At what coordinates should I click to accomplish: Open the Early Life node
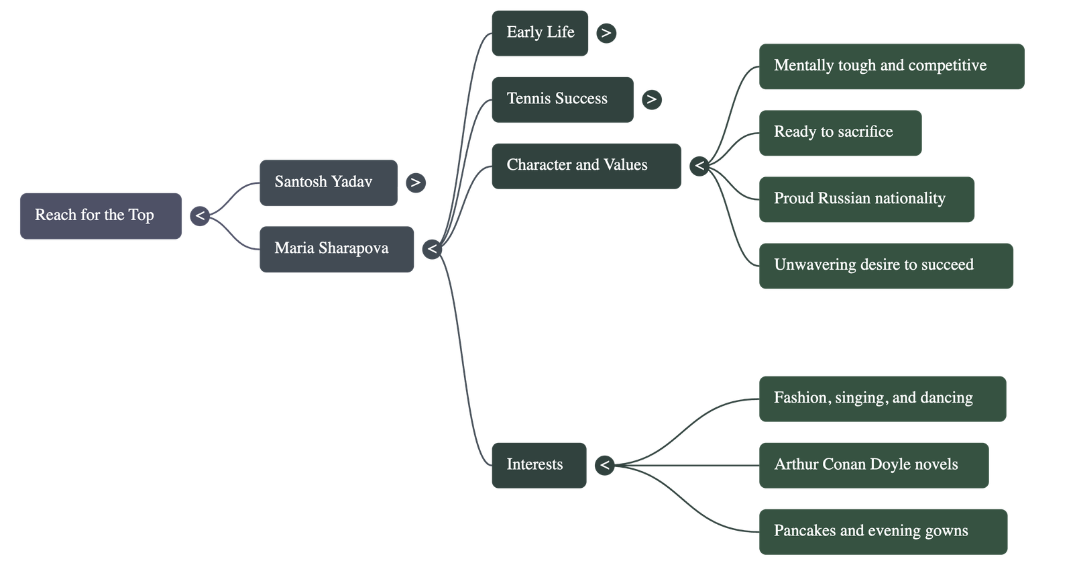[x=540, y=33]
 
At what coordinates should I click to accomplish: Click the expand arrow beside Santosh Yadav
[x=416, y=183]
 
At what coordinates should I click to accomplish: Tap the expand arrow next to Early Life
[x=606, y=33]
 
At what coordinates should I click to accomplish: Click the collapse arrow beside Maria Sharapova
[x=433, y=250]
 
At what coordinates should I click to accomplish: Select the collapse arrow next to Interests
[x=605, y=465]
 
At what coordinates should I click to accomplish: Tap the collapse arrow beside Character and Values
[x=699, y=166]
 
